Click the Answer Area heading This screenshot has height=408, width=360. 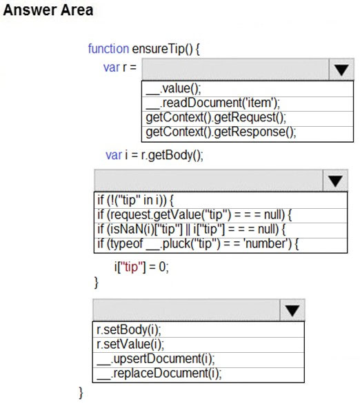coord(48,10)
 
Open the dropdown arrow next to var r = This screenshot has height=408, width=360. coord(341,69)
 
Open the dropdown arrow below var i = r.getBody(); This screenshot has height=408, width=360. coord(335,181)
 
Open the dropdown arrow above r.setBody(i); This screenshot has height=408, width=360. coord(292,310)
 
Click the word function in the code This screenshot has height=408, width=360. coord(108,49)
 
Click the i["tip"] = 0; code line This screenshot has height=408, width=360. coord(141,267)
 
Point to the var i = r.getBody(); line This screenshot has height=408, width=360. coord(154,156)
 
